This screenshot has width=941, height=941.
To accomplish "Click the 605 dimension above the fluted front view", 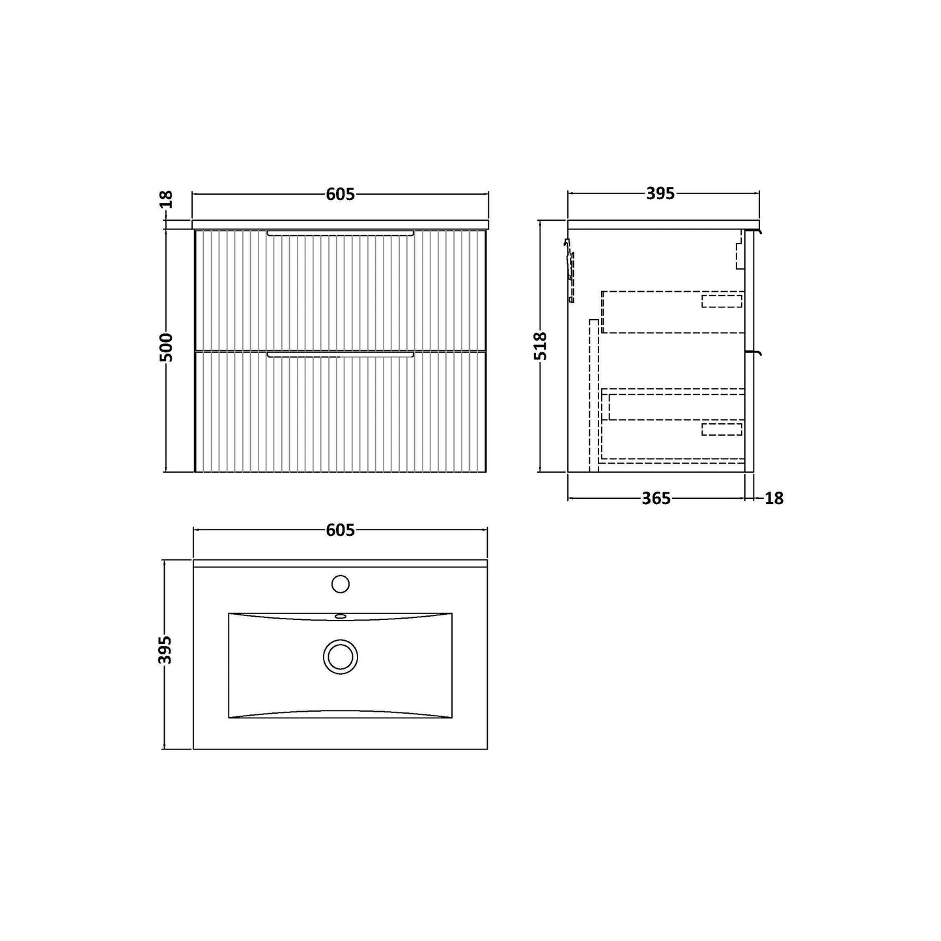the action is click(x=341, y=194).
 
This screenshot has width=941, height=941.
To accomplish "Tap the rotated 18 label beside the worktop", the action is click(x=167, y=199).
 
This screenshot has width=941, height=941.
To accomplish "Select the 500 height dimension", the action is click(x=167, y=347).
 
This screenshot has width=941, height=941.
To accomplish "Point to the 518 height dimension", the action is click(x=541, y=346).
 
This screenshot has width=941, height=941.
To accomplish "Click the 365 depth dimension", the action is click(x=656, y=499).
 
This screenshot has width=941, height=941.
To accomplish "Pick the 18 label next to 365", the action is click(x=774, y=499).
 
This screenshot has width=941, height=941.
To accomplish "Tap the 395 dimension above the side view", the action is click(x=660, y=194).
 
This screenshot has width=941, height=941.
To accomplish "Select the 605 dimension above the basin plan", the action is click(x=341, y=530).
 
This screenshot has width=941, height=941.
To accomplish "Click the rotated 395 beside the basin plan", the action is click(x=167, y=650).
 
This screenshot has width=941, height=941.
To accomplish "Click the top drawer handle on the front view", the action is click(x=341, y=233).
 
